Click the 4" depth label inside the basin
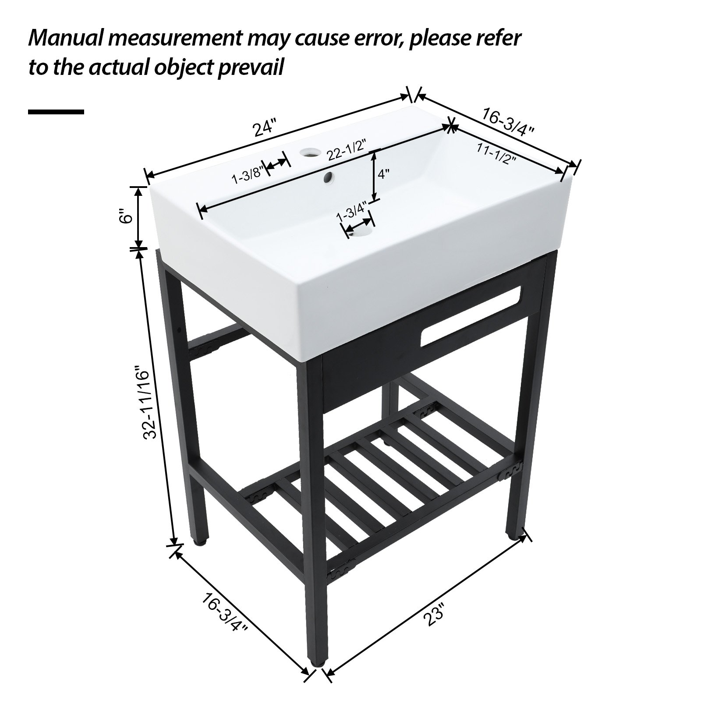384,174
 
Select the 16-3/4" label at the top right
508,121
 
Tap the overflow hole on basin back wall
328,177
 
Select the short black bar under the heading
56,112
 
